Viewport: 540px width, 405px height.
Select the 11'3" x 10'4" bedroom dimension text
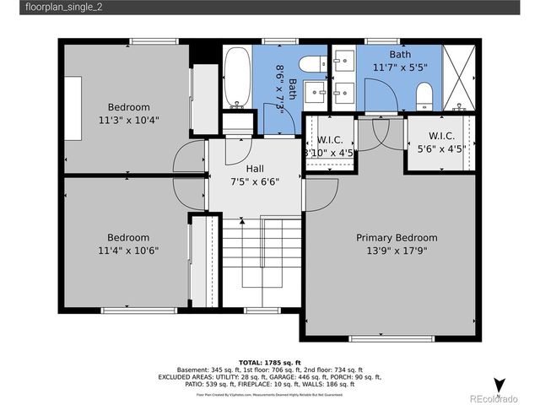pyautogui.click(x=128, y=120)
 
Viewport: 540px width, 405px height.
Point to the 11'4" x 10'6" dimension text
pyautogui.click(x=128, y=250)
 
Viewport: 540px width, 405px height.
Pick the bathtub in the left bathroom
pyautogui.click(x=238, y=78)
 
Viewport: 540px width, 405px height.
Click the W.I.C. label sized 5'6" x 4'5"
pyautogui.click(x=441, y=136)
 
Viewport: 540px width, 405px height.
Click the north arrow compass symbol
pyautogui.click(x=499, y=384)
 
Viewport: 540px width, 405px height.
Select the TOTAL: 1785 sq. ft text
pyautogui.click(x=269, y=361)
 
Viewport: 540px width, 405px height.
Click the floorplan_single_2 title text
pyautogui.click(x=58, y=8)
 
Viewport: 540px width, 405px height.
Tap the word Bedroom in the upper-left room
pyautogui.click(x=128, y=107)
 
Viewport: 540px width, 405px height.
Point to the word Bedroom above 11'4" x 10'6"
pyautogui.click(x=128, y=237)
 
